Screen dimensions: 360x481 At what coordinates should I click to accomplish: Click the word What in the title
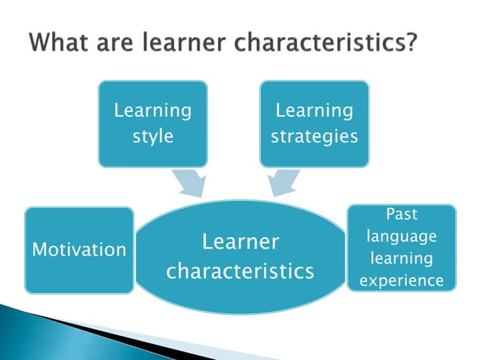click(63, 43)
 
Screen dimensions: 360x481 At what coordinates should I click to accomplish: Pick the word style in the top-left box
click(153, 137)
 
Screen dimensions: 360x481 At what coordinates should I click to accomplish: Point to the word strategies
click(314, 137)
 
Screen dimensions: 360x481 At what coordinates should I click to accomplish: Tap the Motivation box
click(79, 249)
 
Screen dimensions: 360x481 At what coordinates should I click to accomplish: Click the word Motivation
click(79, 249)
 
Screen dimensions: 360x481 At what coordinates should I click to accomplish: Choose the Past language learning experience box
click(401, 248)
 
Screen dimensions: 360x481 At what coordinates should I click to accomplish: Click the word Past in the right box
click(402, 214)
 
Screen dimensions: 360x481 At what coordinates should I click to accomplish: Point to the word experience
click(402, 282)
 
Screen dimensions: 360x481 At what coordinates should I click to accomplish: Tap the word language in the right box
click(402, 236)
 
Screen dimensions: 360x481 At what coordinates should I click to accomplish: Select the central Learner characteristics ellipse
click(240, 256)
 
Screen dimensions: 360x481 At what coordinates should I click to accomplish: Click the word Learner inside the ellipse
click(240, 242)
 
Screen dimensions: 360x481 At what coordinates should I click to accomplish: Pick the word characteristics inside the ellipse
click(240, 270)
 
